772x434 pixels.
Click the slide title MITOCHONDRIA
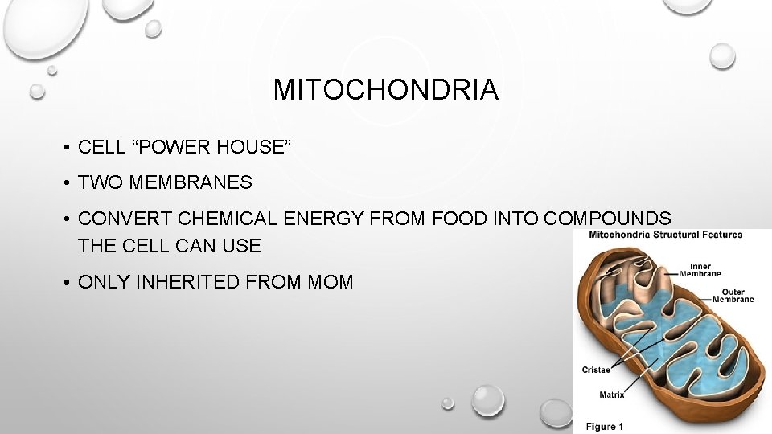point(386,90)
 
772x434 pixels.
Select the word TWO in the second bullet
point(97,183)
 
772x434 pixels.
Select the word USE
point(240,246)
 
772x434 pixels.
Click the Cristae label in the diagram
point(595,370)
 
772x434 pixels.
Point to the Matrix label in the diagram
point(612,395)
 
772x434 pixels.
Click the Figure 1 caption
point(603,426)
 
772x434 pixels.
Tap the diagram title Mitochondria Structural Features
point(668,235)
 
